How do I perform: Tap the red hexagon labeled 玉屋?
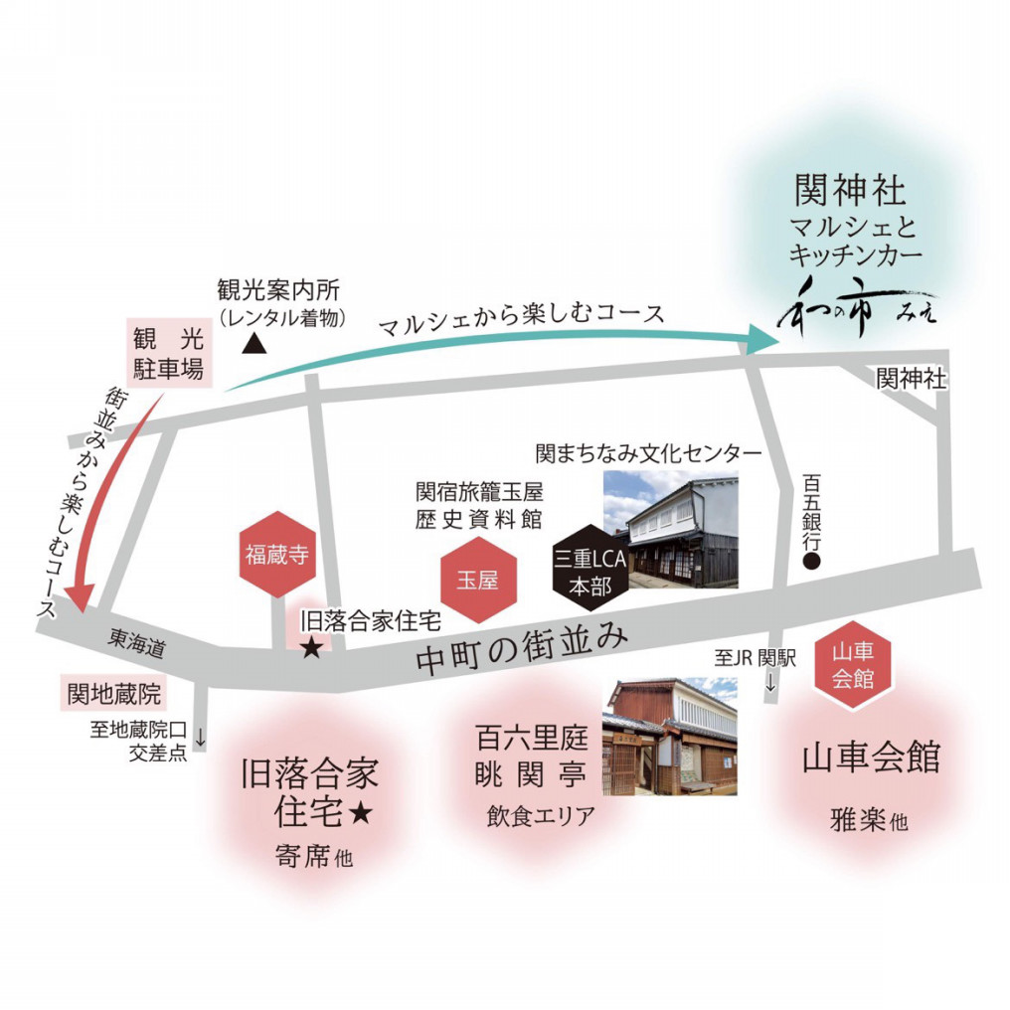pos(476,582)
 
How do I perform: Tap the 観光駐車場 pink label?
pos(167,354)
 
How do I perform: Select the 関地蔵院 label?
pos(112,694)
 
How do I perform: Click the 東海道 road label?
pos(136,644)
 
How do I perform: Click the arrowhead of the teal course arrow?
pos(765,338)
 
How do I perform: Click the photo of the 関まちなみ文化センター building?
pos(671,529)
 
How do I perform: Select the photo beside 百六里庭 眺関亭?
pos(670,737)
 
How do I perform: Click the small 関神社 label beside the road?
pos(911,379)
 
